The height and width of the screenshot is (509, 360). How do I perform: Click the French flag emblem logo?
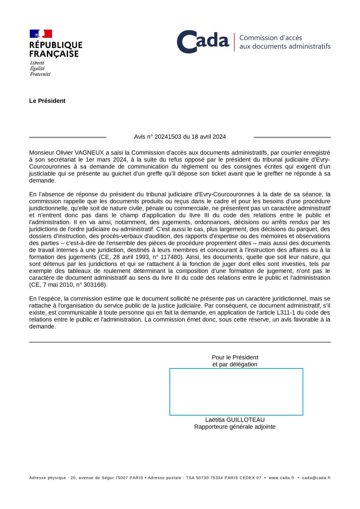tap(41, 34)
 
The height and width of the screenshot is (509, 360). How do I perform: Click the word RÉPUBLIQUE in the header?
tap(56, 45)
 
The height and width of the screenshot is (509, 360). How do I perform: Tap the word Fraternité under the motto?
tap(40, 74)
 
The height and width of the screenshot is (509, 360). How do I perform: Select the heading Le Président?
tap(47, 101)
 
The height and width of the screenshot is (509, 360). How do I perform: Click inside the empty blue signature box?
tap(236, 392)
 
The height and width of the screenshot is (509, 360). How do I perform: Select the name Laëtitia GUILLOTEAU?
tap(235, 420)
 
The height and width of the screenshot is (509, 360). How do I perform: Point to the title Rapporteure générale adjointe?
tap(235, 427)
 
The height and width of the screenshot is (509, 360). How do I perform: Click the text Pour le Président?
tap(235, 357)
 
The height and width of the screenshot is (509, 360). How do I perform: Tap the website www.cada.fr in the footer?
tap(281, 478)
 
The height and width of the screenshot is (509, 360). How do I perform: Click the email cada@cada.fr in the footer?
tap(316, 478)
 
